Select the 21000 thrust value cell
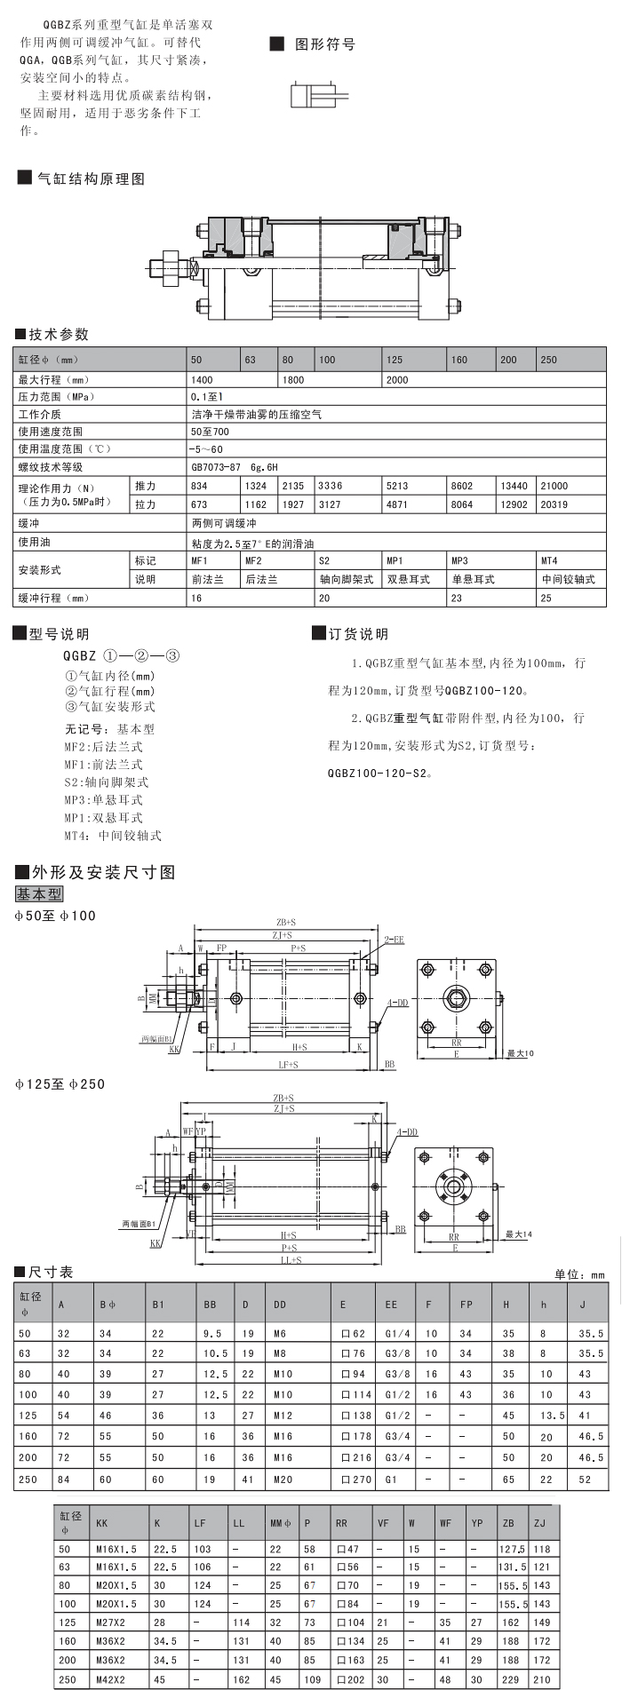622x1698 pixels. tap(554, 486)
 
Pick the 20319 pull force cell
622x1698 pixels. tap(554, 504)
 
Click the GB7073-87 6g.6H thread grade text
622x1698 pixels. tap(235, 466)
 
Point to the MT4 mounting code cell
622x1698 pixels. tap(549, 560)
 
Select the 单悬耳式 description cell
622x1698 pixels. tap(473, 579)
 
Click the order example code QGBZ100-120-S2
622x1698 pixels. tap(379, 773)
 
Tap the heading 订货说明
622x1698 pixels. tap(358, 634)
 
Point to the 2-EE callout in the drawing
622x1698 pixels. tap(394, 939)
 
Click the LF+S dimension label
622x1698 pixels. tap(288, 1064)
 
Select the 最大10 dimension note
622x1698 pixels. tap(520, 1054)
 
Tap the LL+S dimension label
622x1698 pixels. tap(291, 1259)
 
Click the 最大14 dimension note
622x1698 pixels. tap(519, 1234)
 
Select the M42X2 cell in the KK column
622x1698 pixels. tap(110, 1679)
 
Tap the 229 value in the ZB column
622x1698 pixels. tap(510, 1679)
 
